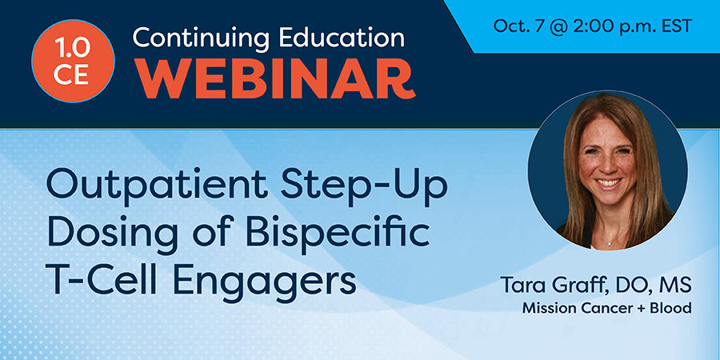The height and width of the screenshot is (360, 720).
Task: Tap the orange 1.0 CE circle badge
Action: point(73,61)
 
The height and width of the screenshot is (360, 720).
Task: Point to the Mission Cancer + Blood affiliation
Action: point(607,309)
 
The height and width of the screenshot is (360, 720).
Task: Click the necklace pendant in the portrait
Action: point(609,243)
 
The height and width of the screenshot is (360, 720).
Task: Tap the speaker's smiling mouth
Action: point(608,184)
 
